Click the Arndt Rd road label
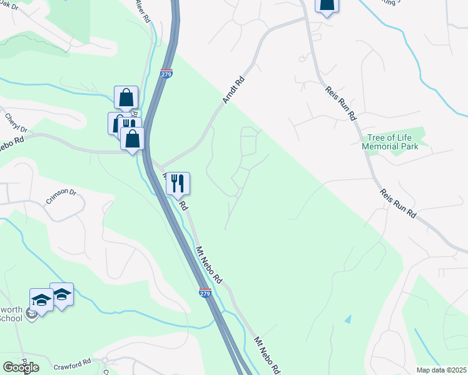pos(233,91)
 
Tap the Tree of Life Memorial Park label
pos(390,142)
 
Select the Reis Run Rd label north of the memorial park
pos(340,103)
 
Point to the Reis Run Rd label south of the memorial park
pos(398,203)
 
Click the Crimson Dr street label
pos(61,197)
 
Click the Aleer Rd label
pos(143,11)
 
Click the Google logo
pos(21,367)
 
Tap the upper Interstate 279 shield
pos(166,74)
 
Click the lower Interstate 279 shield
pos(205,292)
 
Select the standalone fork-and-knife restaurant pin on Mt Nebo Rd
pos(178,183)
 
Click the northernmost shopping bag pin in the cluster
pos(126,97)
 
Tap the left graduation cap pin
pos(41,299)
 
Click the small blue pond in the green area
pos(347,319)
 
